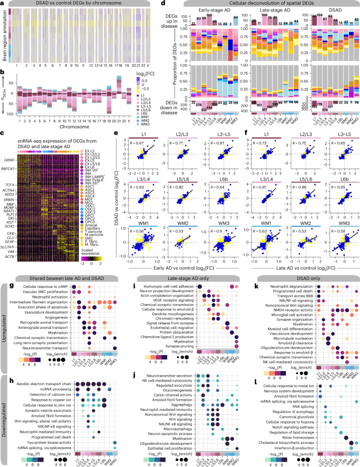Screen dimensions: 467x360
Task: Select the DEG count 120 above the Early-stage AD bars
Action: point(209,16)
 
